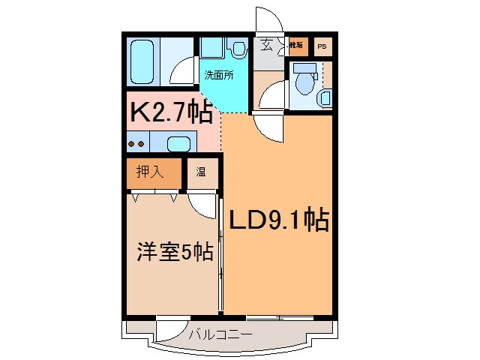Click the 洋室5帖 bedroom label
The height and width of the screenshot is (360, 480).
175,253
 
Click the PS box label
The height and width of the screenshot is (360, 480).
322,46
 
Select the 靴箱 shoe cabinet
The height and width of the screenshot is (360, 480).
297,46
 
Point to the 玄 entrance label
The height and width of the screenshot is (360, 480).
266,45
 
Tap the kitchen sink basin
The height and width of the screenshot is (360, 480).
178,143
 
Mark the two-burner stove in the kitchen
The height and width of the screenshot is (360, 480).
136,143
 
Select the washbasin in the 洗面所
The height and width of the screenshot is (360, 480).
238,49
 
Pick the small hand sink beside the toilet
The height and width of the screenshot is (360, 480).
325,97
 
